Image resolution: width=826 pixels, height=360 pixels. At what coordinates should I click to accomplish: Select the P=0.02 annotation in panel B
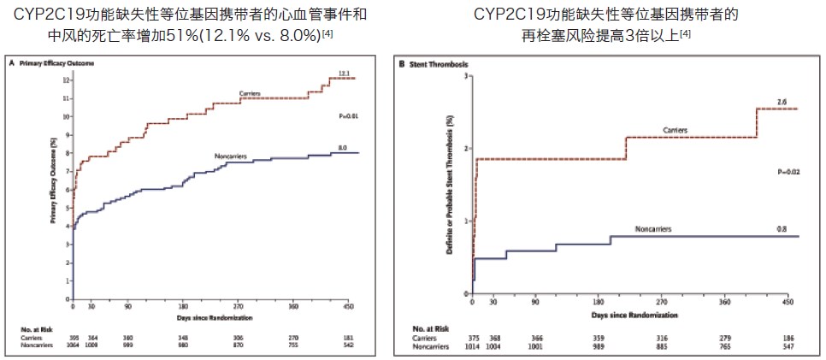(x=788, y=172)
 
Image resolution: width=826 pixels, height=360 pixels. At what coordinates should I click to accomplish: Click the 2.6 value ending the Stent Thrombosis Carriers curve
(x=782, y=102)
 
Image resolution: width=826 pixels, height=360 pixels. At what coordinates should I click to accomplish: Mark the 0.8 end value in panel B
(x=782, y=228)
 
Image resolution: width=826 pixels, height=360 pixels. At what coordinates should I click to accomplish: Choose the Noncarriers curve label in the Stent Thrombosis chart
(x=653, y=229)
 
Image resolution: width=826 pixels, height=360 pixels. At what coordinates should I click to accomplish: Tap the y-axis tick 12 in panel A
(x=66, y=80)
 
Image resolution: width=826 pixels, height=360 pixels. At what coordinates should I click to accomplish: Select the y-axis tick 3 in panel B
(x=465, y=75)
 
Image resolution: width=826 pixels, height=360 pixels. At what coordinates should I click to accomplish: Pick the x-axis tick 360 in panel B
(x=724, y=302)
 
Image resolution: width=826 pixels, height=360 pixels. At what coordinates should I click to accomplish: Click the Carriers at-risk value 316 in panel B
(x=660, y=339)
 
